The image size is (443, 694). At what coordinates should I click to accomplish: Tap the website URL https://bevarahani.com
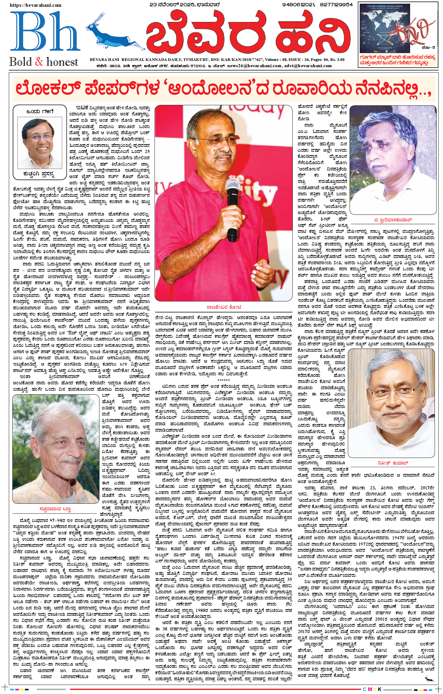tap(36, 5)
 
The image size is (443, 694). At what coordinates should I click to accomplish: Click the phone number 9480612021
tap(299, 5)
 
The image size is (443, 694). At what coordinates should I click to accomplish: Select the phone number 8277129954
tap(336, 5)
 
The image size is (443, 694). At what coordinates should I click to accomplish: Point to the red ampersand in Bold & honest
tap(39, 62)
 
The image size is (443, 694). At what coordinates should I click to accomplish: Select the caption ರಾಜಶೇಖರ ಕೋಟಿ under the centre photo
tap(224, 307)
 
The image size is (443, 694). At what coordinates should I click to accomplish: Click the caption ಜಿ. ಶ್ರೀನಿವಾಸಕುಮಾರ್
tap(393, 220)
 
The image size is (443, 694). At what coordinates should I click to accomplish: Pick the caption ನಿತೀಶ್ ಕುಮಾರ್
tap(393, 463)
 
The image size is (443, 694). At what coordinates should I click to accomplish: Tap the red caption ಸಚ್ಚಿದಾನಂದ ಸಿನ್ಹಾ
tap(55, 509)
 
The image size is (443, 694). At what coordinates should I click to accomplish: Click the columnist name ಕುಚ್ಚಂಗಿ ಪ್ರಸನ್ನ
tap(39, 174)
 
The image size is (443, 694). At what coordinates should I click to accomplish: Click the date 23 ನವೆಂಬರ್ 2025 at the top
tap(184, 5)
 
